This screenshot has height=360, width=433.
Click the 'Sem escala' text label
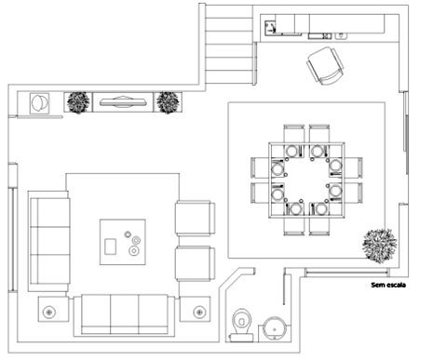(388, 285)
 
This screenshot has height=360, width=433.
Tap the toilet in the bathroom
(241, 325)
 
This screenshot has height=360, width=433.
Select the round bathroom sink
(275, 328)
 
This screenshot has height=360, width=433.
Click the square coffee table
(123, 242)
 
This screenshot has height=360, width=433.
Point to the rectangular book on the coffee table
(110, 247)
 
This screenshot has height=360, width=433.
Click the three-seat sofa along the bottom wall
(124, 315)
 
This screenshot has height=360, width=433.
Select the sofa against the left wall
(48, 241)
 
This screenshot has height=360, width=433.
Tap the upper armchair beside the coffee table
(196, 218)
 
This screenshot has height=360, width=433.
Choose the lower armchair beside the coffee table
(196, 263)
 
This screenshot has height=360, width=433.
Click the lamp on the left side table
(48, 312)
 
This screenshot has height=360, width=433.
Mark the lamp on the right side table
(199, 312)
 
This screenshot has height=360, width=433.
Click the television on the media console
(123, 102)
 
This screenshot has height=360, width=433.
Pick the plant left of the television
(78, 102)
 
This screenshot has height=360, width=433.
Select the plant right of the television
(168, 102)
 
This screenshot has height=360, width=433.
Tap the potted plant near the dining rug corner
(379, 246)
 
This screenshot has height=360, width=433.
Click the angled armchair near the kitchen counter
(325, 66)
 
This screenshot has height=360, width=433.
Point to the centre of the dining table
(306, 180)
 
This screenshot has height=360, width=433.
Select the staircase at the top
(228, 44)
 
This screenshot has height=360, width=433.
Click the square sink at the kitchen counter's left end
(270, 27)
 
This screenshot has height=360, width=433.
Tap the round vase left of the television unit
(39, 103)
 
